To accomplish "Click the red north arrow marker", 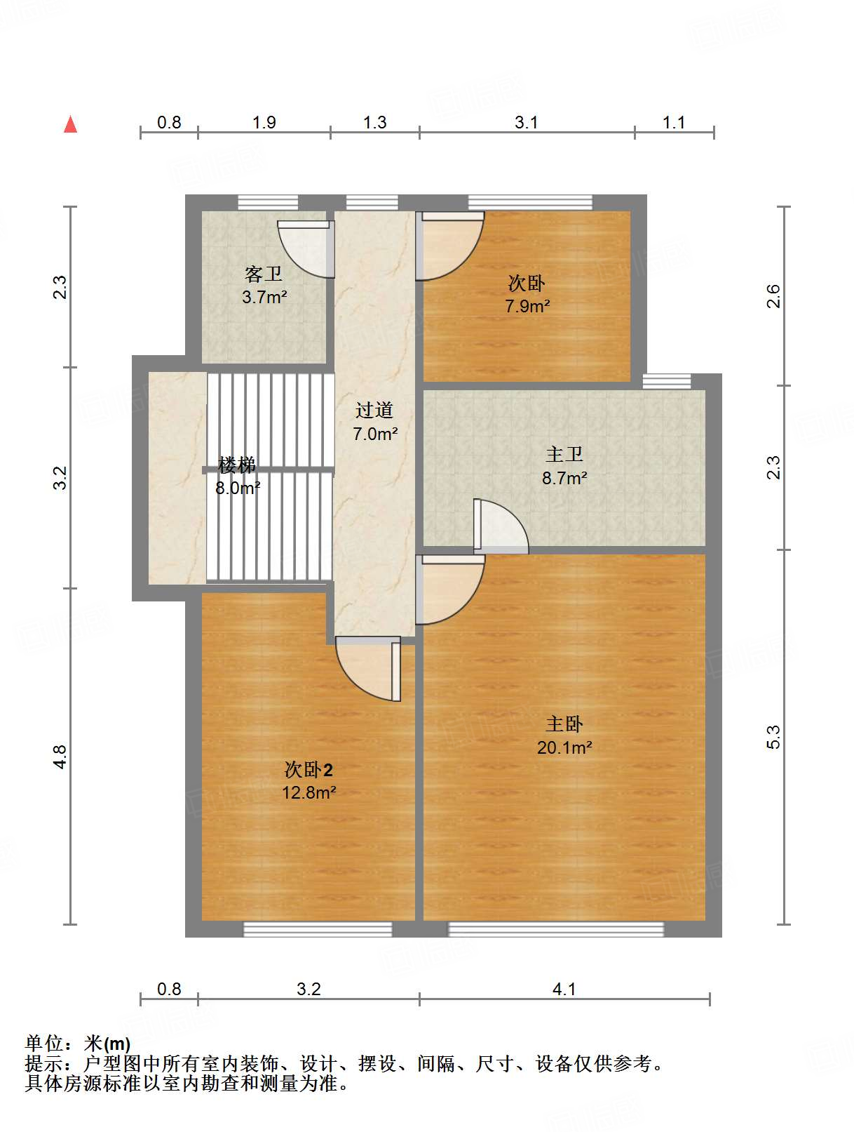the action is coord(70,124).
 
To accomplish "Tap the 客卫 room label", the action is coord(263,274).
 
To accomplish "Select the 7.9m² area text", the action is coord(527,306).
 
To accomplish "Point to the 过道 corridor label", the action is coord(374,410).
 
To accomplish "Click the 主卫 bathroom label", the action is coord(564,454).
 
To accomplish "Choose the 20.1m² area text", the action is coord(564,747).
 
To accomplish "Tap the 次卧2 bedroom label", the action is coord(309,770).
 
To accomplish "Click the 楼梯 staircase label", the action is coord(237,465).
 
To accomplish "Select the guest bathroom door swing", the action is coord(306,250).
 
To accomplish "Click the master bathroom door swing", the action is coord(501,526).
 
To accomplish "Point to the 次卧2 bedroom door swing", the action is coord(368,669).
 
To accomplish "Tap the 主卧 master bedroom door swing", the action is coord(449,590).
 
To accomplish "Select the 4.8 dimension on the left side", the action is coord(60,757).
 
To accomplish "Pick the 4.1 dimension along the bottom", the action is coord(564,989).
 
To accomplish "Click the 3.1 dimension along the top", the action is coord(527,122).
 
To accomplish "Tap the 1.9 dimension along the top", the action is coord(264,122).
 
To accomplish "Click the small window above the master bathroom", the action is coord(667,381).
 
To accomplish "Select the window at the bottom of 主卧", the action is coord(556,929).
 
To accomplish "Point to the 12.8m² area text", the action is coord(309,792).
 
